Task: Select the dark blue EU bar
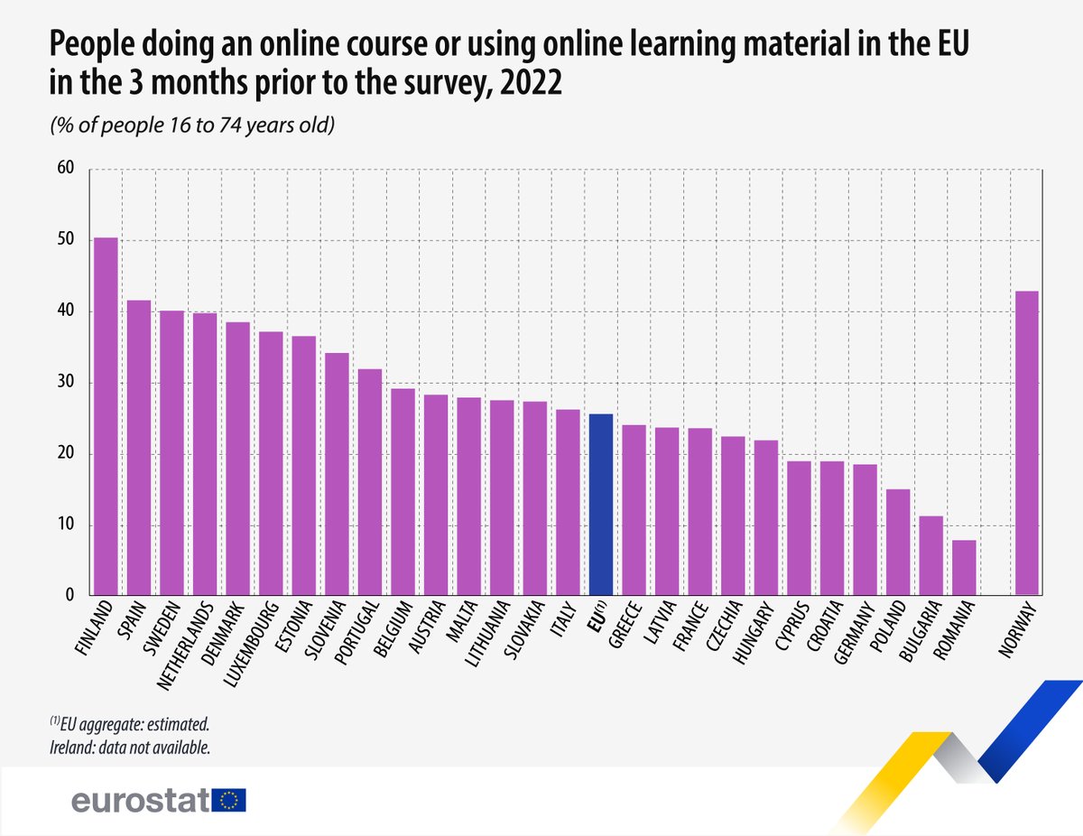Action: click(600, 506)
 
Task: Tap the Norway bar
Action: click(1026, 443)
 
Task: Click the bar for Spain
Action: click(139, 448)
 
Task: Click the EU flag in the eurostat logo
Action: click(230, 800)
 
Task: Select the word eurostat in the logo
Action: click(140, 801)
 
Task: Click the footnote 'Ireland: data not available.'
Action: click(130, 748)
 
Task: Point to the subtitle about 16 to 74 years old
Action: click(192, 125)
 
